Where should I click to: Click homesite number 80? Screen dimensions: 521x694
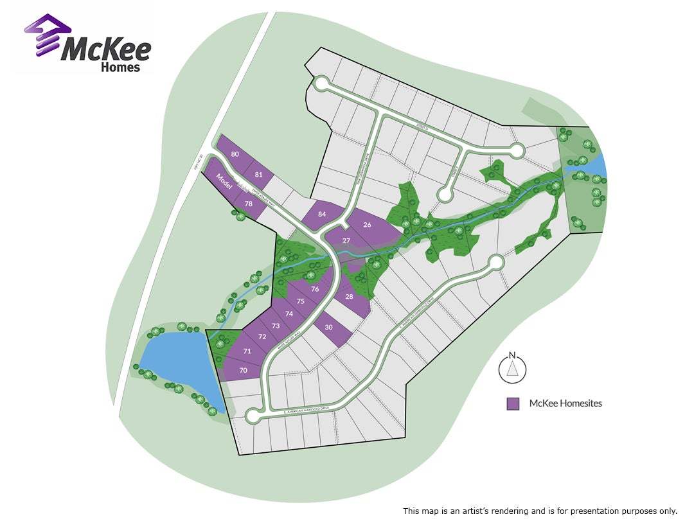coord(235,154)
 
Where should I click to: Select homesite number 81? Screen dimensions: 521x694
coord(259,175)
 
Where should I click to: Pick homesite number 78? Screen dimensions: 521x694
coord(248,204)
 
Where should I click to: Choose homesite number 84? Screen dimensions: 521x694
coord(322,214)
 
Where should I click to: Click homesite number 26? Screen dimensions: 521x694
coord(367,225)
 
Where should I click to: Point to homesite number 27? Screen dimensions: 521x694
coord(346,240)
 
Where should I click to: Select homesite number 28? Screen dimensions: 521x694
coord(349,296)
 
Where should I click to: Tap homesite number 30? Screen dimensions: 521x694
coord(329,328)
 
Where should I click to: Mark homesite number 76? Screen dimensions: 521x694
coord(314,289)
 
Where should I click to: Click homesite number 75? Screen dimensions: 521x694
coord(300,301)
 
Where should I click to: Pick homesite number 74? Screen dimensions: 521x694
coord(289,313)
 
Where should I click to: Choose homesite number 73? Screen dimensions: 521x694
coord(276,326)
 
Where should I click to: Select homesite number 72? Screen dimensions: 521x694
coord(262,337)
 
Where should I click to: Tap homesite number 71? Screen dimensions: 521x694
coord(247,351)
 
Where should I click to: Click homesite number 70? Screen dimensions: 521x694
coord(243,370)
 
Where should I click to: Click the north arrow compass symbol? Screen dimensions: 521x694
coord(512,368)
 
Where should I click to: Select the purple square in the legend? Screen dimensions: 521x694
coord(512,403)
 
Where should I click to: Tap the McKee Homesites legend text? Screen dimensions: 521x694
coord(565,403)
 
